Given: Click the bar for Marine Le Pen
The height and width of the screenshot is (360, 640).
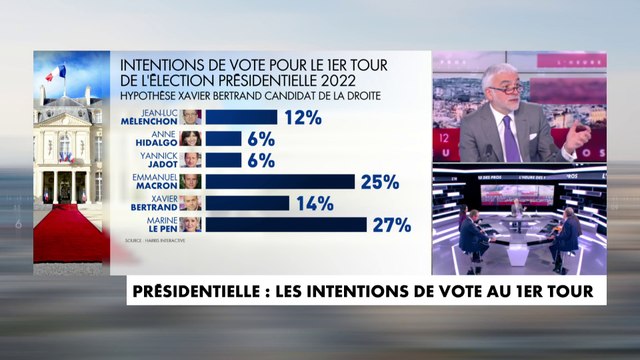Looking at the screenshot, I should click(x=285, y=224).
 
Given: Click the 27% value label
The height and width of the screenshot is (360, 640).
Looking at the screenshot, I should click(x=390, y=224).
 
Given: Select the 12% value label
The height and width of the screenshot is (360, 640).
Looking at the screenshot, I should click(x=300, y=117).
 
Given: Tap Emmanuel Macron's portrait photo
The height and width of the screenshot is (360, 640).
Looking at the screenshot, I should click(x=191, y=181).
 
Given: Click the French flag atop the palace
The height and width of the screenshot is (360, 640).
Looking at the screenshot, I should click(x=59, y=73).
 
